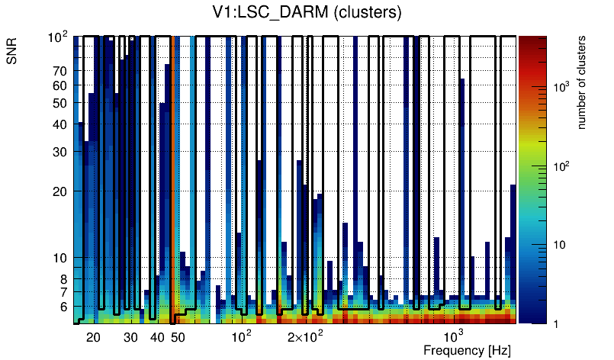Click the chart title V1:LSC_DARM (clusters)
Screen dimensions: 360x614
point(306,12)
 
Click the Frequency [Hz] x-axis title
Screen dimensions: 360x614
point(466,350)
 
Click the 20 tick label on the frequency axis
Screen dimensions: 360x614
point(93,337)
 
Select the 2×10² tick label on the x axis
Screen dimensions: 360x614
point(305,337)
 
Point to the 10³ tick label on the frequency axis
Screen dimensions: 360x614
point(454,337)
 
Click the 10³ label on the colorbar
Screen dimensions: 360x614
point(562,88)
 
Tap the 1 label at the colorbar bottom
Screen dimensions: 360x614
point(557,323)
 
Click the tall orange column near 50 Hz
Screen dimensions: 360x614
point(175,175)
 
